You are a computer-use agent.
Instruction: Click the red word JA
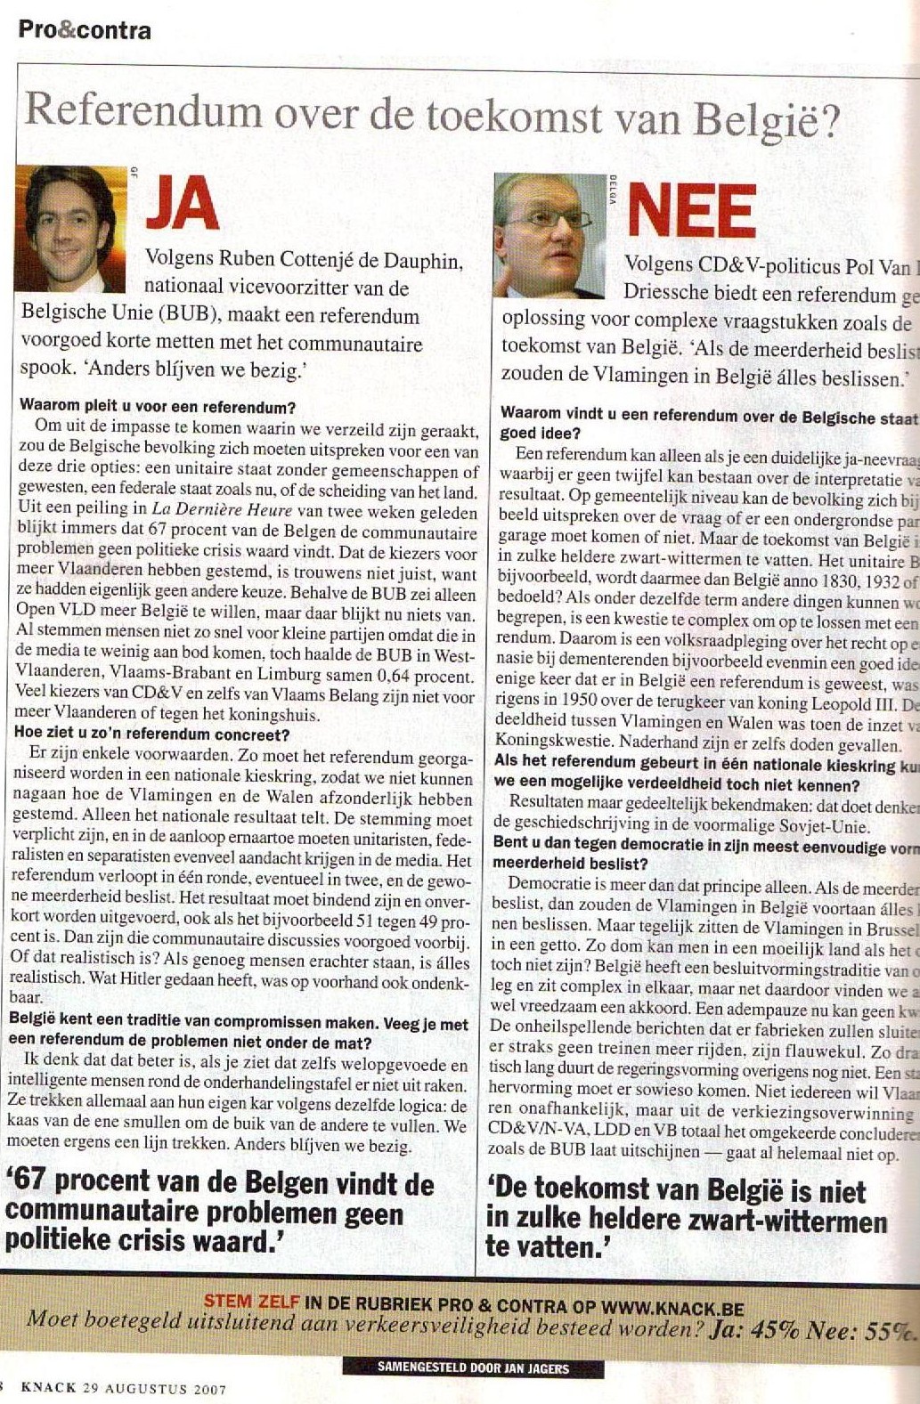pyautogui.click(x=183, y=203)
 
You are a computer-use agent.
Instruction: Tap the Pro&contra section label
pyautogui.click(x=85, y=30)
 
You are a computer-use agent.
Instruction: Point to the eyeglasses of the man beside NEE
pyautogui.click(x=545, y=219)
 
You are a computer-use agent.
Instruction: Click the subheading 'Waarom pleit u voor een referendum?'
pyautogui.click(x=158, y=408)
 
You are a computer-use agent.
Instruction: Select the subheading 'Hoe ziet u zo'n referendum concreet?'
pyautogui.click(x=154, y=734)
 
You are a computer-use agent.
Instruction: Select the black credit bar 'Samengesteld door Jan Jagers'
pyautogui.click(x=472, y=1368)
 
